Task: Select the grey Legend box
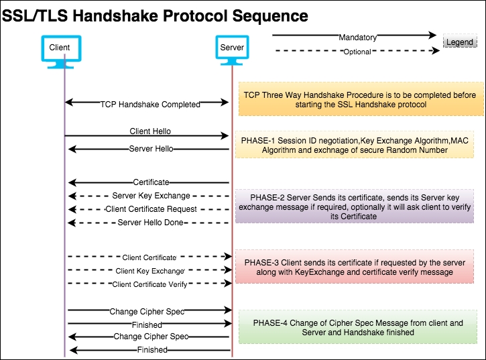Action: pos(460,42)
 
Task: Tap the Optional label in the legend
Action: pos(357,52)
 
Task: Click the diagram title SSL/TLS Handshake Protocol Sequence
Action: pos(156,16)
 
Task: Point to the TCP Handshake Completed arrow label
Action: pos(150,105)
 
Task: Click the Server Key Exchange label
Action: pos(151,196)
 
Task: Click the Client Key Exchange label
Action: pos(149,271)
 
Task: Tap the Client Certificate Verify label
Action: pos(149,284)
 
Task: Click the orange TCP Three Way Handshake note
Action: pos(359,100)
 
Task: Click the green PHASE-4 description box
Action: pos(358,327)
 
